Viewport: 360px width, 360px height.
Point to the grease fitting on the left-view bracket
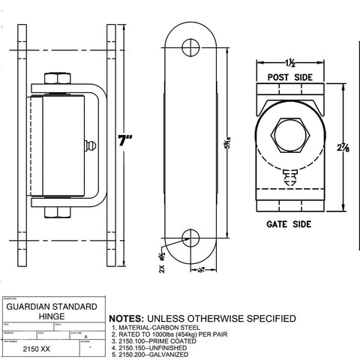point(91,144)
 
